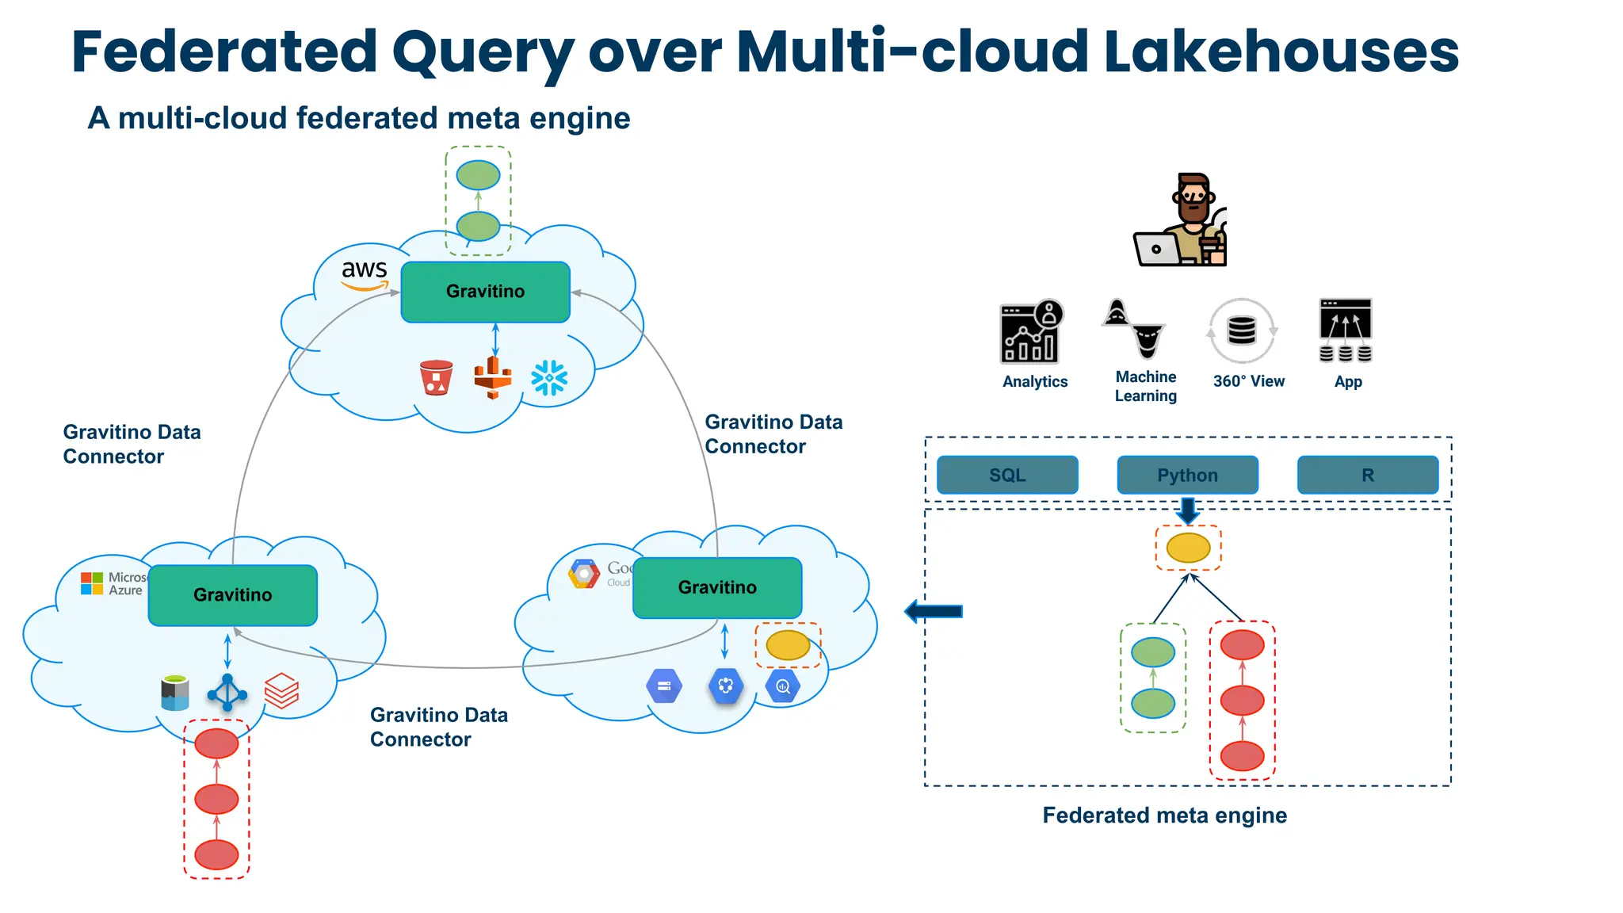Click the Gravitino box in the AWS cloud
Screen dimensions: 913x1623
[x=485, y=292]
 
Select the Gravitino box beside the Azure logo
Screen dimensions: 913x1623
[x=232, y=595]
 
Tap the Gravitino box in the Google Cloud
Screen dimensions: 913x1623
[x=717, y=587]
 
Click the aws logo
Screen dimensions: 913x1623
[x=365, y=274]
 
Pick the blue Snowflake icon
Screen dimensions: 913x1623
[x=549, y=378]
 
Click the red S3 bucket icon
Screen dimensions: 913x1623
[x=436, y=378]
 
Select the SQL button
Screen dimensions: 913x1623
[x=1007, y=475]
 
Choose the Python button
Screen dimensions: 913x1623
[x=1187, y=475]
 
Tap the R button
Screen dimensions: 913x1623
[x=1367, y=475]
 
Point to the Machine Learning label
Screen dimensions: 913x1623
[x=1146, y=386]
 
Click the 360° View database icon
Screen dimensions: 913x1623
[x=1241, y=330]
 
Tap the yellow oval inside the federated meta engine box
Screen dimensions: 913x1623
[x=1188, y=548]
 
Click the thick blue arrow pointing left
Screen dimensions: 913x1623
[x=934, y=611]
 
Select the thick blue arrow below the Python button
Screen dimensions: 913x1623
[x=1188, y=510]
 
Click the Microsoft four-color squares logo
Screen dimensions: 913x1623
[x=92, y=583]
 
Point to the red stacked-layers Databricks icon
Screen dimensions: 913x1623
[x=281, y=690]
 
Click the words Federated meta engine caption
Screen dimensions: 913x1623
[x=1164, y=816]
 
